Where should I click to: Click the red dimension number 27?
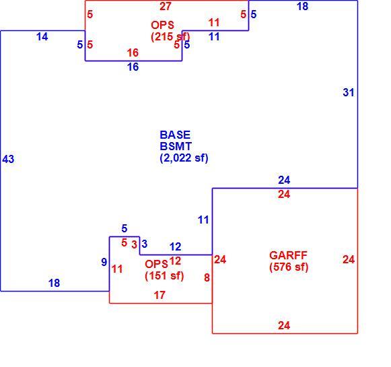pyautogui.click(x=166, y=6)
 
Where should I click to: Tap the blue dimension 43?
pyautogui.click(x=8, y=159)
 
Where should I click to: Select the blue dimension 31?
pyautogui.click(x=349, y=92)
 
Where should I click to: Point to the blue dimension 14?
pyautogui.click(x=42, y=36)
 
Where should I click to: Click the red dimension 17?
pyautogui.click(x=159, y=295)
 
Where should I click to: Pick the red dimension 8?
pyautogui.click(x=207, y=277)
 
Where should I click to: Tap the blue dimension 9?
pyautogui.click(x=104, y=262)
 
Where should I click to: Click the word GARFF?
pyautogui.click(x=288, y=255)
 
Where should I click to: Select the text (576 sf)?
pyautogui.click(x=289, y=267)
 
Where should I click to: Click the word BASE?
pyautogui.click(x=175, y=135)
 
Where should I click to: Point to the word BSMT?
pyautogui.click(x=176, y=146)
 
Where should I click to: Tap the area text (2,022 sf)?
pyautogui.click(x=184, y=158)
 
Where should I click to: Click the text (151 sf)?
pyautogui.click(x=164, y=275)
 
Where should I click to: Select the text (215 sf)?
pyautogui.click(x=170, y=36)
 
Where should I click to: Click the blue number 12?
pyautogui.click(x=175, y=246)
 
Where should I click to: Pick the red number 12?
pyautogui.click(x=175, y=261)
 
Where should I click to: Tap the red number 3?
pyautogui.click(x=135, y=244)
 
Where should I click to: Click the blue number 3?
pyautogui.click(x=145, y=244)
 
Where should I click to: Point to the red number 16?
pyautogui.click(x=133, y=53)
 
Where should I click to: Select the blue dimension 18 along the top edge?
pyautogui.click(x=302, y=6)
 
